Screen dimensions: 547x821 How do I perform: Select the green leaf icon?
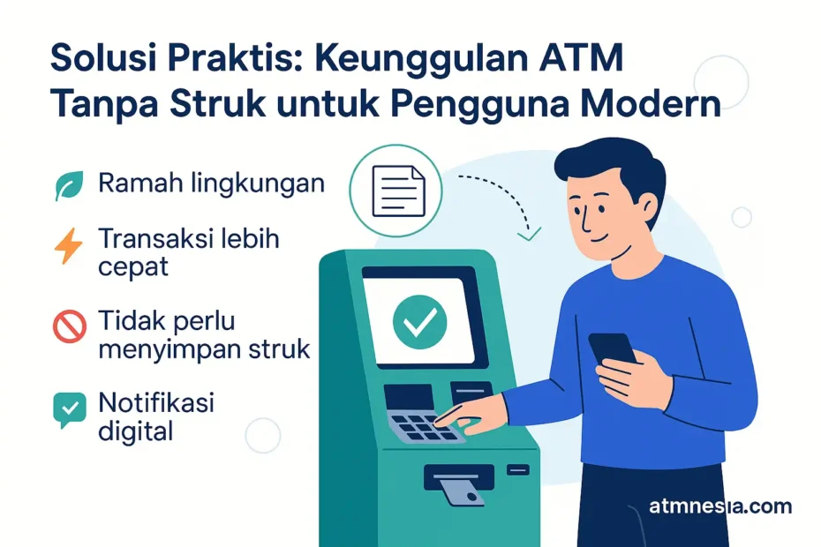pyautogui.click(x=68, y=185)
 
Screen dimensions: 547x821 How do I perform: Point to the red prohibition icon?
pyautogui.click(x=68, y=327)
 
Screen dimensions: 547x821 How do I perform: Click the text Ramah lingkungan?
pyautogui.click(x=211, y=185)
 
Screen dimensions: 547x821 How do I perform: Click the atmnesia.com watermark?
pyautogui.click(x=720, y=506)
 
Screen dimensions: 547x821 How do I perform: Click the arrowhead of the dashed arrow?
pyautogui.click(x=529, y=235)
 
